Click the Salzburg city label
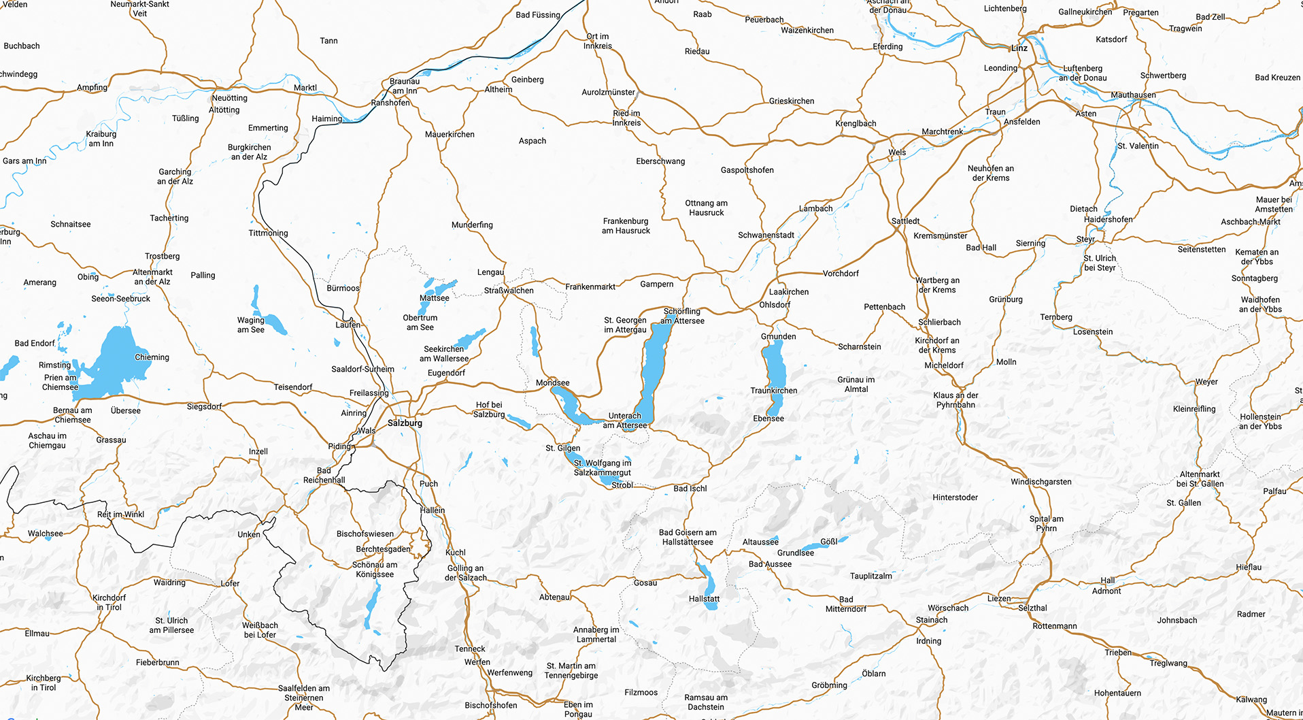[x=405, y=423]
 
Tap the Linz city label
[x=1019, y=48]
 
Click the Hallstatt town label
[x=704, y=599]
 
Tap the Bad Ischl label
[x=690, y=489]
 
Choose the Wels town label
[x=897, y=152]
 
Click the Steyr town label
[x=1085, y=240]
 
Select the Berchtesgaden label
[x=384, y=549]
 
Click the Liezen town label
[x=999, y=599]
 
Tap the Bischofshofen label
[x=490, y=706]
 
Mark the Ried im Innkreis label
[x=626, y=118]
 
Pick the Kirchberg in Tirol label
[x=44, y=683]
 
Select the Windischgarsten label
[x=1040, y=482]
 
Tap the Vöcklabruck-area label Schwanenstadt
[x=766, y=235]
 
